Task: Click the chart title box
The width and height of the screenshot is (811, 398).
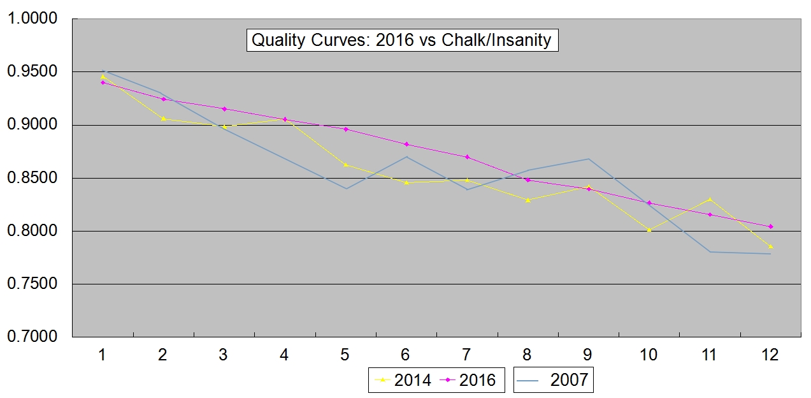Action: point(402,40)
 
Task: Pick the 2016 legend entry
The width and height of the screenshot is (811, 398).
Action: point(469,380)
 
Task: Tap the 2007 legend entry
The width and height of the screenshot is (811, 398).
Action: point(553,380)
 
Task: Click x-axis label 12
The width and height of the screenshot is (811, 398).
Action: point(770,355)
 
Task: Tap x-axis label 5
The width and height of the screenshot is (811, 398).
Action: point(345,355)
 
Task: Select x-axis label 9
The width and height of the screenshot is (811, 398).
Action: point(588,355)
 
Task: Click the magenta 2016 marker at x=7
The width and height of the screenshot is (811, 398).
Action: point(467,157)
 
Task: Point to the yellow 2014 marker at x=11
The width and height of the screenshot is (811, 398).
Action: point(710,199)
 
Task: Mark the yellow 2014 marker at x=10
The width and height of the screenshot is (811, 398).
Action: point(649,230)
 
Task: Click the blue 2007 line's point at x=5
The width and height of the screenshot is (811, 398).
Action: point(345,189)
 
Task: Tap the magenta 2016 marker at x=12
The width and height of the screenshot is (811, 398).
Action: point(771,226)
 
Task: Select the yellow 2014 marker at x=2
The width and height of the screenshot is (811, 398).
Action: point(163,119)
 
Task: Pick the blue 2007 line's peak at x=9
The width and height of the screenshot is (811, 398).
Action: point(588,159)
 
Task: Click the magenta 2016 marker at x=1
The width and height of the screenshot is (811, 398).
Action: point(103,82)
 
